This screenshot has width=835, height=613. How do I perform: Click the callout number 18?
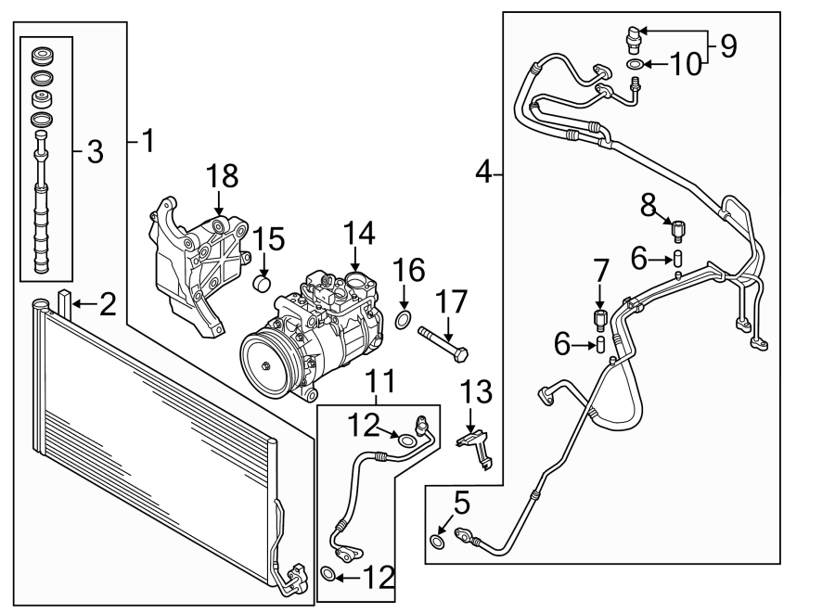coord(223,175)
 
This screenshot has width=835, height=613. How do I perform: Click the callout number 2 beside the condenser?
coord(108,304)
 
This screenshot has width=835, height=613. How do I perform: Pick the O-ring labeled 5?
coord(437,541)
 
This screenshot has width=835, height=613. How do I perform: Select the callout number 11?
coord(380,380)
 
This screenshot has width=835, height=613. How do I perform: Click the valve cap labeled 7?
coord(599,320)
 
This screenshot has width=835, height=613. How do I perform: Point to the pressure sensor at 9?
coord(634,37)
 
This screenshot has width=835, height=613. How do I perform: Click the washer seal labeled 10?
coord(634,64)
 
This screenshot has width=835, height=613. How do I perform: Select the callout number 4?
coord(482,172)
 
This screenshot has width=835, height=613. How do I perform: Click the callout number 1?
coord(146,142)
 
